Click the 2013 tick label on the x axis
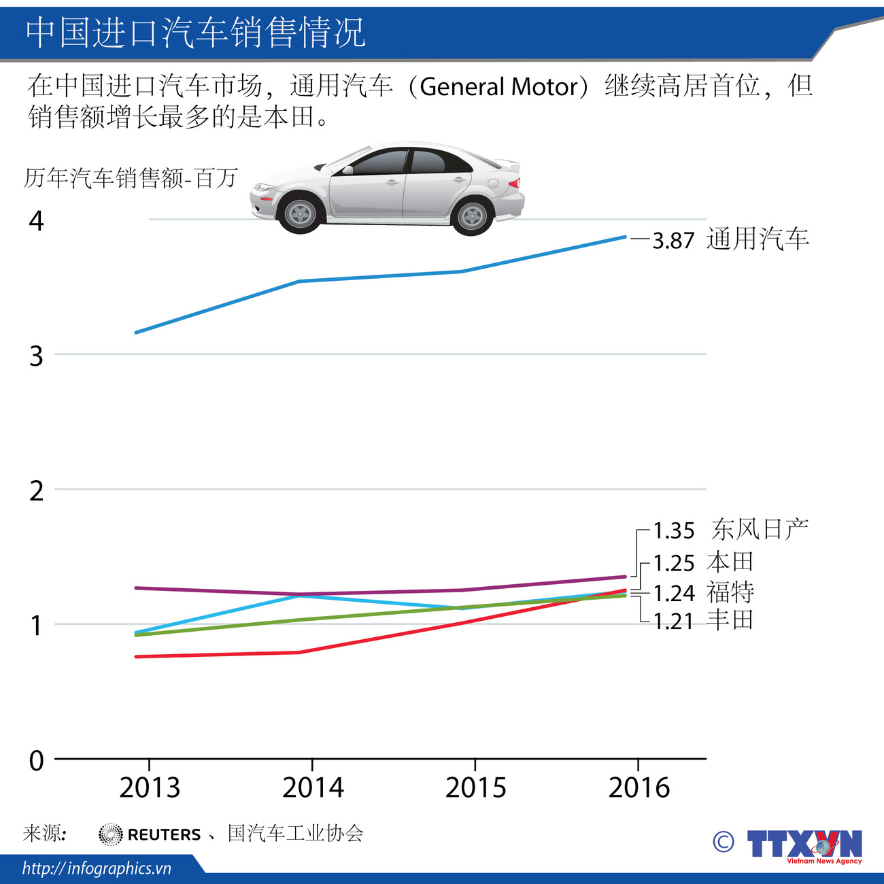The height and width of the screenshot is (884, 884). pyautogui.click(x=150, y=787)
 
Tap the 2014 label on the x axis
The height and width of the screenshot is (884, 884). pyautogui.click(x=313, y=787)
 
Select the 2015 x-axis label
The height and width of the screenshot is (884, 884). pyautogui.click(x=475, y=787)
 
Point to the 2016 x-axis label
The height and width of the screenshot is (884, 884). pyautogui.click(x=639, y=787)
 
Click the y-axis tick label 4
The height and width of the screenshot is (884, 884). pyautogui.click(x=36, y=221)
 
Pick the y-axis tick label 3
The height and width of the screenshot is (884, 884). pyautogui.click(x=36, y=356)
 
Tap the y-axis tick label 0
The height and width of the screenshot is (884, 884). pyautogui.click(x=36, y=760)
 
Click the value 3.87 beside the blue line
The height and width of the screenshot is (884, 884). pyautogui.click(x=673, y=241)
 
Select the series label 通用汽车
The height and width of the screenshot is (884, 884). pyautogui.click(x=758, y=239)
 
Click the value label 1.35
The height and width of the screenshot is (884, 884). pyautogui.click(x=674, y=530)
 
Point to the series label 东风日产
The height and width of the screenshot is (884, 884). pyautogui.click(x=760, y=528)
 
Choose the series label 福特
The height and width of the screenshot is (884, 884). pyautogui.click(x=730, y=592)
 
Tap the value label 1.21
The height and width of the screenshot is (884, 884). pyautogui.click(x=673, y=621)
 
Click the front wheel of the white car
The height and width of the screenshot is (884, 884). pyautogui.click(x=300, y=214)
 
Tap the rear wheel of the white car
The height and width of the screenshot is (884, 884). pyautogui.click(x=472, y=216)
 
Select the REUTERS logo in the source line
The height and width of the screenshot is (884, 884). pyautogui.click(x=150, y=834)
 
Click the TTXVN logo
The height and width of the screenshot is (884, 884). pyautogui.click(x=804, y=845)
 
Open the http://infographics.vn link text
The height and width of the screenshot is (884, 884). pyautogui.click(x=97, y=868)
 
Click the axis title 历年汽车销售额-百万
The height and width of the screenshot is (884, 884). pyautogui.click(x=131, y=178)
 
